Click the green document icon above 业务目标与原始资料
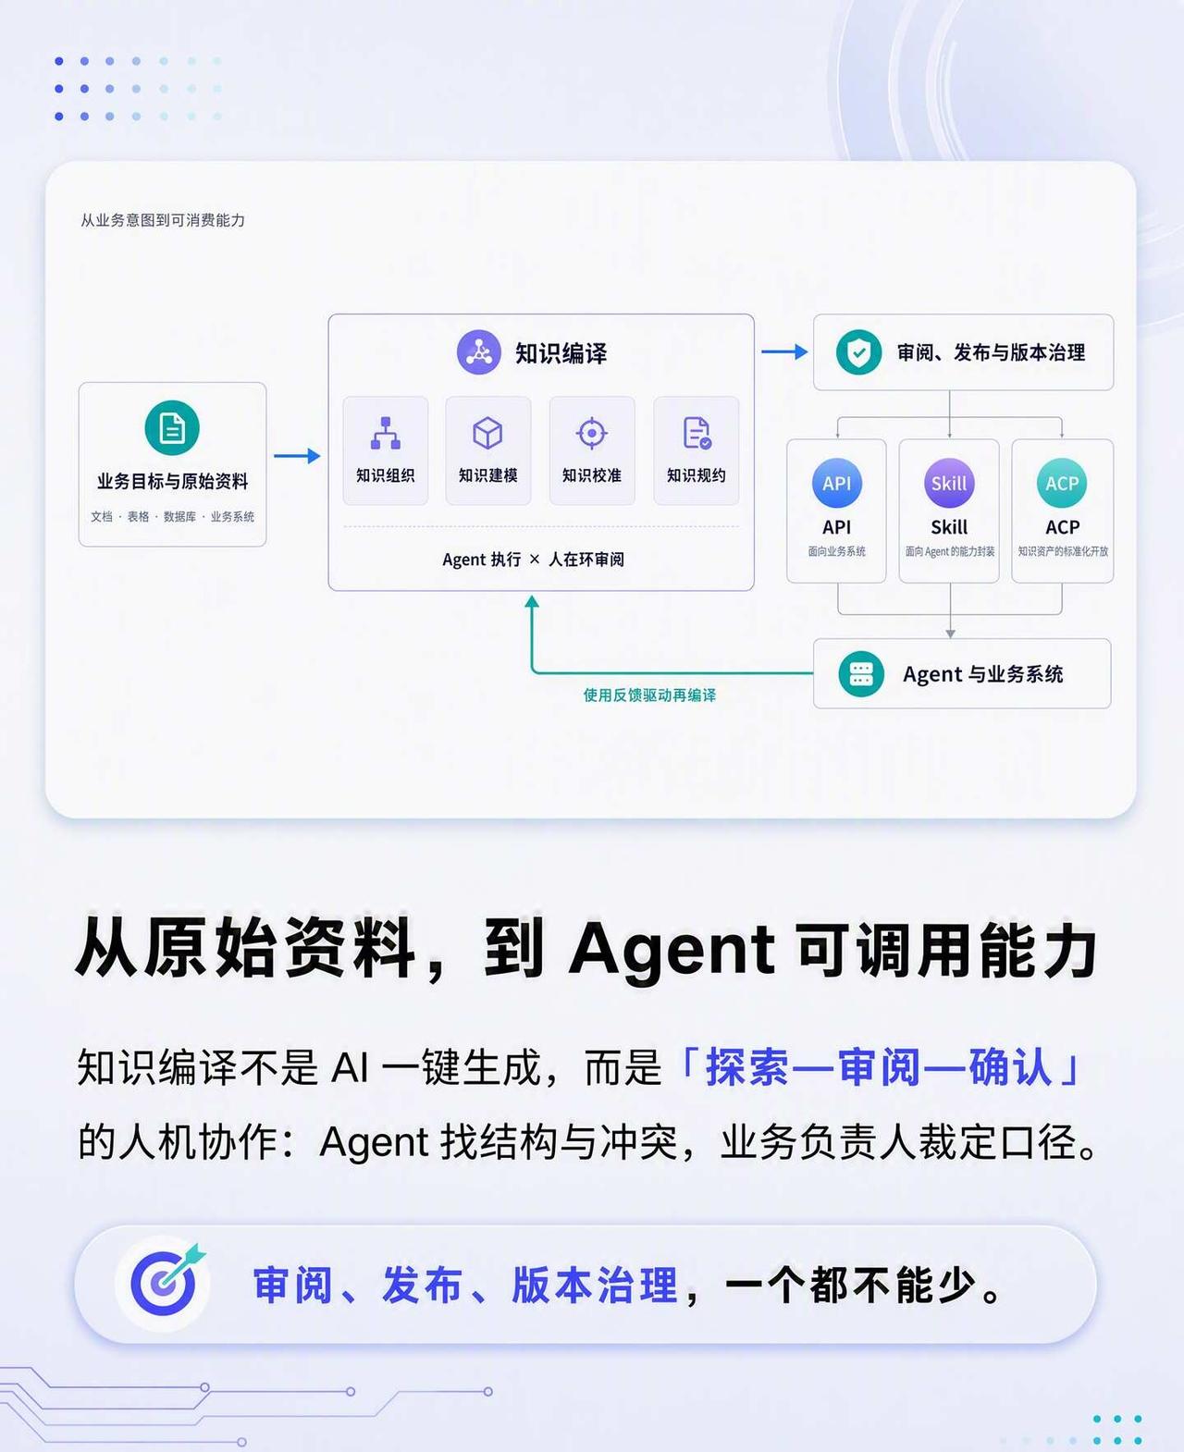click(172, 427)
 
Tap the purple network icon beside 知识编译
click(479, 352)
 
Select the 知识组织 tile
click(386, 450)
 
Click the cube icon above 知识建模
click(487, 433)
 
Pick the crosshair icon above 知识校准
click(592, 433)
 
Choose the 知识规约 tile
click(697, 450)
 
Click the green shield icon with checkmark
click(859, 352)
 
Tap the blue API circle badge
click(837, 484)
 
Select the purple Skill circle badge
click(949, 484)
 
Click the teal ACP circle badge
click(1062, 484)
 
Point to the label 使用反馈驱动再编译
click(649, 695)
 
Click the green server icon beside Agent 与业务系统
click(861, 674)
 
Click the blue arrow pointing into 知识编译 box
click(297, 456)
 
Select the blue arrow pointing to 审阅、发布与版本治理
click(784, 351)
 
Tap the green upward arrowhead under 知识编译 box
click(532, 602)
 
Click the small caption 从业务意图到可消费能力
click(163, 220)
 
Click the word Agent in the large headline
click(672, 950)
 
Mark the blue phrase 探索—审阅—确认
click(879, 1068)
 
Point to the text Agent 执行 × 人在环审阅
click(533, 560)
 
